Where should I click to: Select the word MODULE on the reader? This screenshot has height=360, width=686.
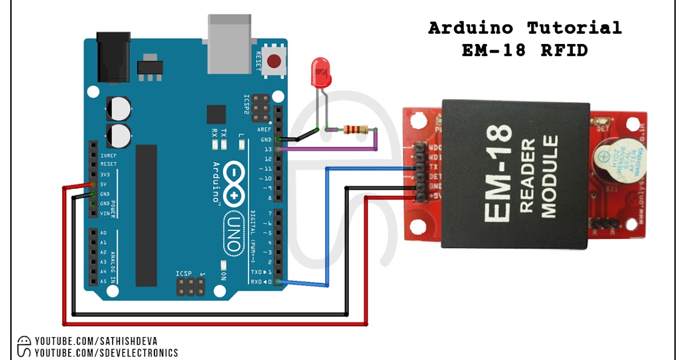tap(549, 177)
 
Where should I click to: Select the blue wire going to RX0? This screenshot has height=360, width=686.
tap(326, 229)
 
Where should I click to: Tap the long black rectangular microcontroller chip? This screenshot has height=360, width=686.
tap(146, 215)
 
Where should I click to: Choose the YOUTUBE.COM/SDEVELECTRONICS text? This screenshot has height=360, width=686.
tap(106, 353)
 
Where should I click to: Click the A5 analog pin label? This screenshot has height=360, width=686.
tap(103, 281)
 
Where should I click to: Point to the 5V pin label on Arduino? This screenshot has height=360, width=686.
tap(104, 184)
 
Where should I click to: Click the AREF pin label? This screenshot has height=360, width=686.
tap(264, 130)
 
